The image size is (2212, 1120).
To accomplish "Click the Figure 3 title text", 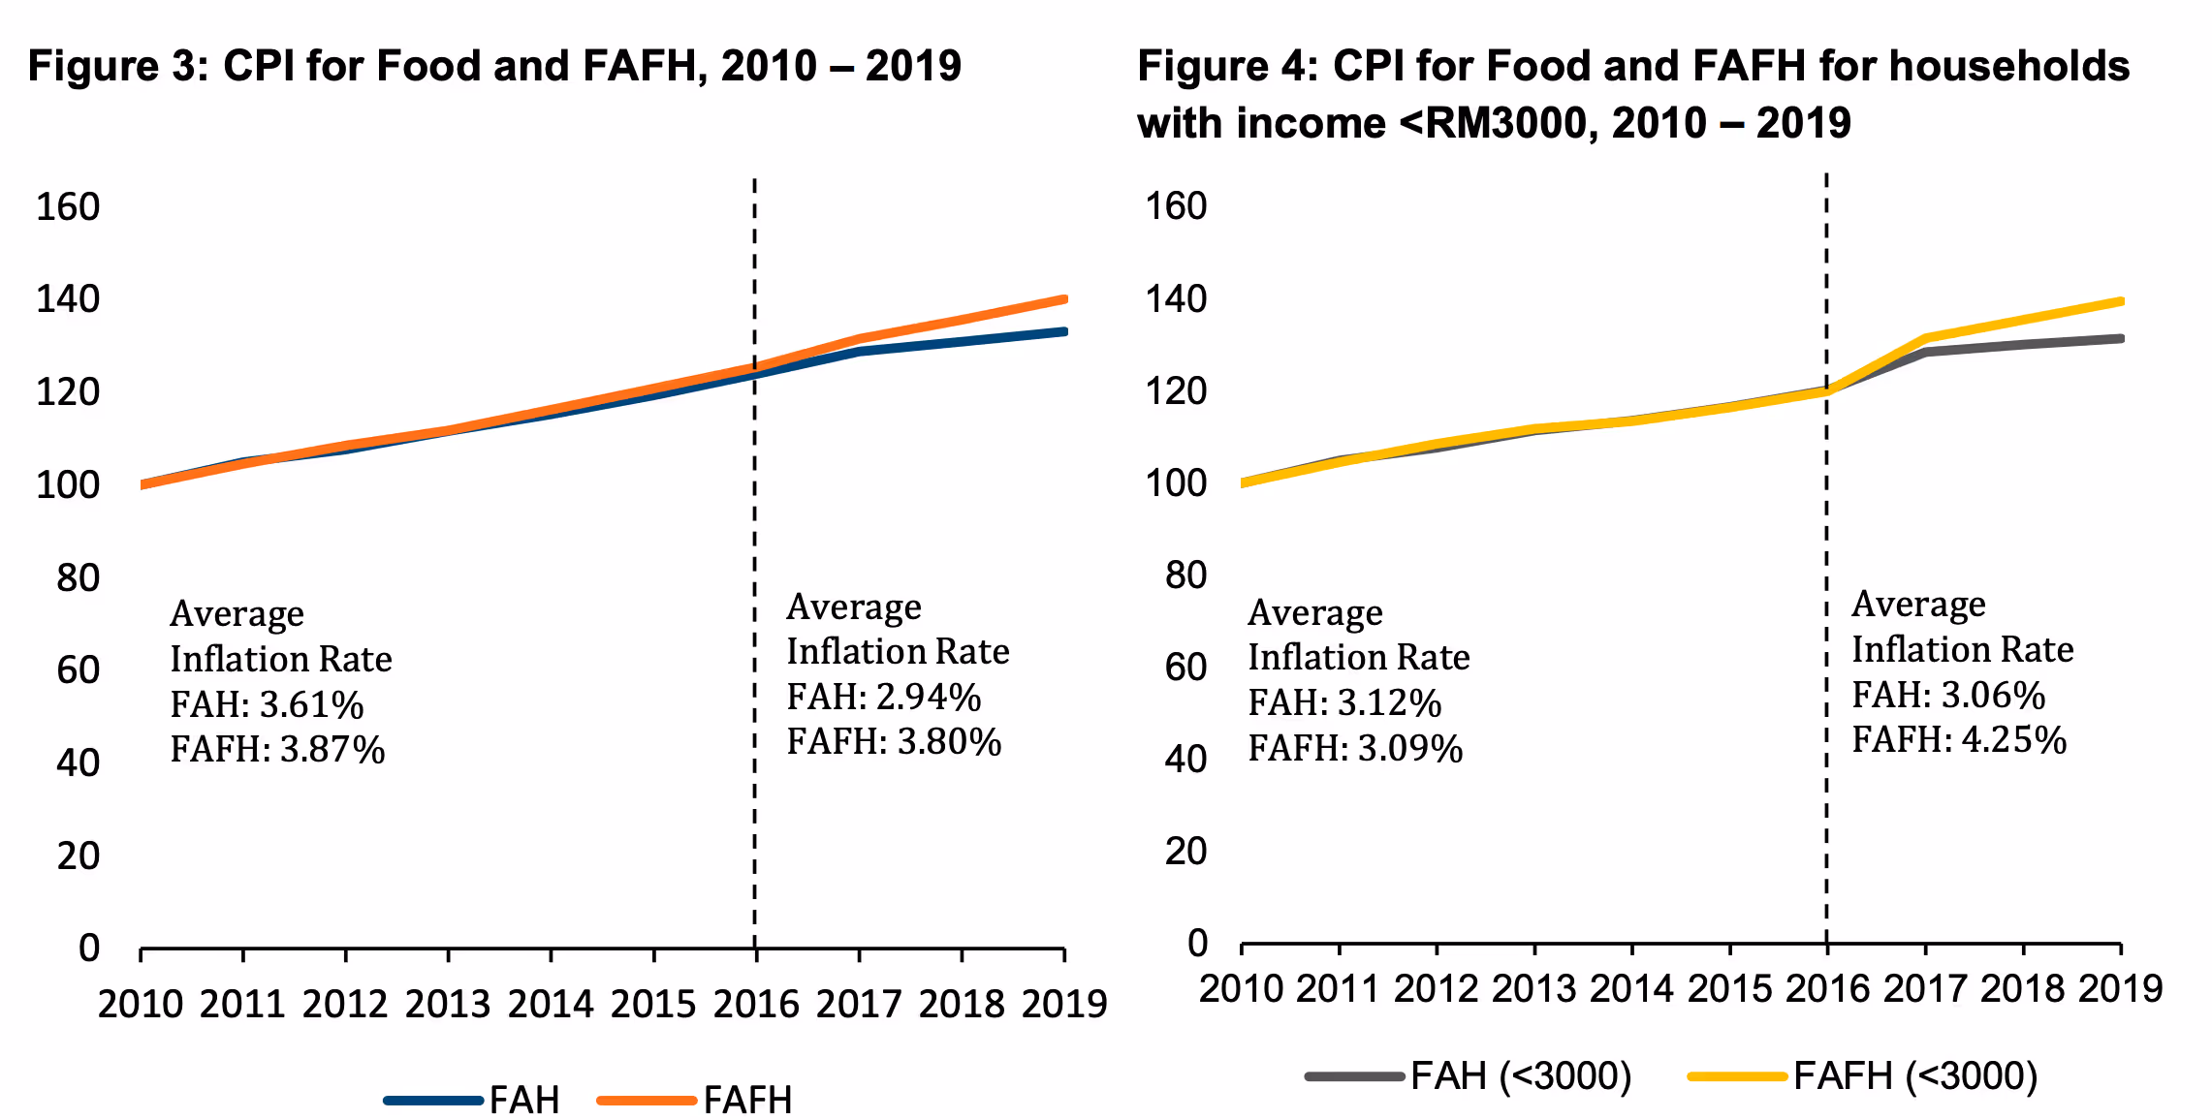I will click(494, 66).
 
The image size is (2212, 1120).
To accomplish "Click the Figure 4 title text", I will click(1632, 94).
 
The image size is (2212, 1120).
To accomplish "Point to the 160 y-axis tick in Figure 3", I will click(68, 206).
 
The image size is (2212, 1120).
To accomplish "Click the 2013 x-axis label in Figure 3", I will click(448, 1004).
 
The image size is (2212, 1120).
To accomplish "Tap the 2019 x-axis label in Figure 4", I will click(2121, 988).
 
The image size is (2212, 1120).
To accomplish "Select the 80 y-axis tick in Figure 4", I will click(1185, 575).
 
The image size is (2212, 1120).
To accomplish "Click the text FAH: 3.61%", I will click(267, 704).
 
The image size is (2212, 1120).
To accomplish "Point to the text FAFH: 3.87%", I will click(277, 749).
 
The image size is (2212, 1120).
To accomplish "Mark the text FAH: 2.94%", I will click(883, 697).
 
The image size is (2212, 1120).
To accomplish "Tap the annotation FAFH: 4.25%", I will click(1958, 739).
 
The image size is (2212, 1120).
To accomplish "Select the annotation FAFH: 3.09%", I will click(1354, 748).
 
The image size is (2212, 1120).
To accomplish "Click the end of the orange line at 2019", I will click(1064, 299).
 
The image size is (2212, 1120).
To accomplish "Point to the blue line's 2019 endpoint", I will click(1064, 331).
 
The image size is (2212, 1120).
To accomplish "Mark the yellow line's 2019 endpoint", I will click(2121, 301).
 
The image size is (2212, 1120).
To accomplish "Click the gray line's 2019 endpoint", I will click(2121, 338).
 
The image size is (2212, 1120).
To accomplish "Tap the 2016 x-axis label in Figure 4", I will click(1827, 988).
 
